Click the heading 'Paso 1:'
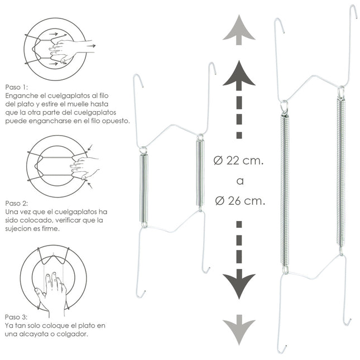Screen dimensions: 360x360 [x=16, y=87]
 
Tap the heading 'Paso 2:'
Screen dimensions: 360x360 [x=16, y=203]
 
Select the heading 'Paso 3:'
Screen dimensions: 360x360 [x=16, y=317]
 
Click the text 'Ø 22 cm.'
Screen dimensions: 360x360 [x=238, y=161]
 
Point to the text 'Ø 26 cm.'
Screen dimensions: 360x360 [x=240, y=201]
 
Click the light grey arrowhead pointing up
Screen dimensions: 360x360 [x=239, y=30]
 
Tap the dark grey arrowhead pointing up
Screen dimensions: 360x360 [x=239, y=75]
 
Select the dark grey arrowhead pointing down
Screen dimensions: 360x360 [x=239, y=284]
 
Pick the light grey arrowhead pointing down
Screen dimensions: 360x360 [x=239, y=330]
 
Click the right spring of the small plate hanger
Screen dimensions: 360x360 [x=200, y=173]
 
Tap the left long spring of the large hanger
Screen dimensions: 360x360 [x=285, y=190]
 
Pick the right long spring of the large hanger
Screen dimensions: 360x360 [x=341, y=172]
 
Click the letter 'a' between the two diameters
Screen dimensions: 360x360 [x=240, y=181]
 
